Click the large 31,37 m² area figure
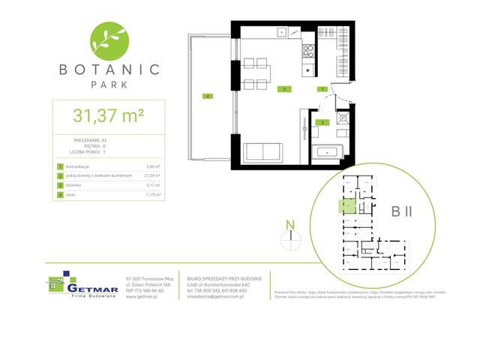(108, 115)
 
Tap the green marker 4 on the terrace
(206, 95)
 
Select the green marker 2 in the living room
(283, 89)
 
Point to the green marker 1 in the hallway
(322, 89)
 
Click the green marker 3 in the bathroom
(322, 121)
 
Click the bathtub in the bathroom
(328, 152)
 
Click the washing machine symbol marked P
(342, 118)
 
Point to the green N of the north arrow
(289, 223)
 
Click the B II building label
(401, 211)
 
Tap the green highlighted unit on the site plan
(346, 205)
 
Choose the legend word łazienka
(74, 184)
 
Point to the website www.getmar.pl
(141, 296)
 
